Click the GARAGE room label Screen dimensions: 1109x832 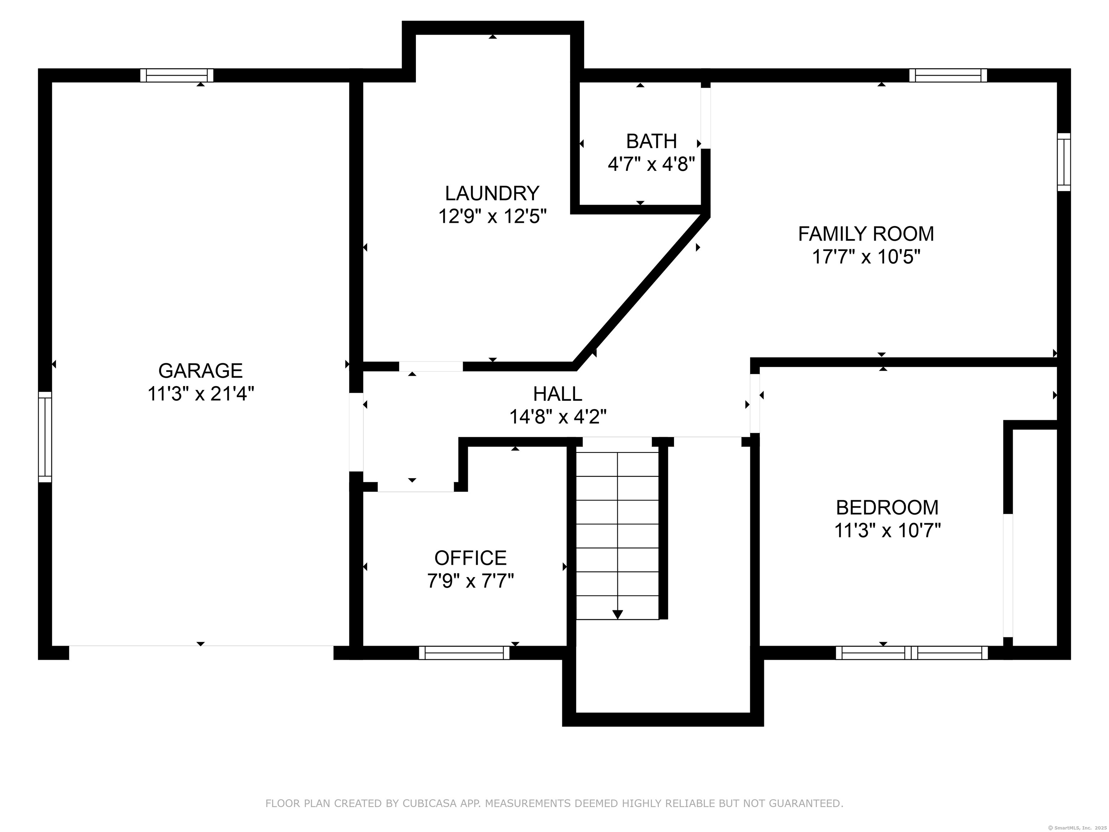(x=201, y=370)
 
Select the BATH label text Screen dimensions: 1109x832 (x=652, y=142)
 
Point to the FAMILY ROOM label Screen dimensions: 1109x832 (x=866, y=234)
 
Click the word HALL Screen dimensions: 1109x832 (x=557, y=394)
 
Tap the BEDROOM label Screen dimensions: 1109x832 (x=887, y=507)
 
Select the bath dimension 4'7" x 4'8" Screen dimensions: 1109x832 (x=652, y=164)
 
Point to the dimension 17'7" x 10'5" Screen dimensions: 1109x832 (x=866, y=257)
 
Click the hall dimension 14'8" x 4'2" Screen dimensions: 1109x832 (x=558, y=417)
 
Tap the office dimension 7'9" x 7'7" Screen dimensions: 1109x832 (x=470, y=581)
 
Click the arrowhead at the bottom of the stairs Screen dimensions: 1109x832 (x=618, y=614)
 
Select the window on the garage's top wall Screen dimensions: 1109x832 (x=177, y=75)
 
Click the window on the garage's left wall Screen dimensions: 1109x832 (x=45, y=437)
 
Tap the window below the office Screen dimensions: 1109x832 (x=464, y=653)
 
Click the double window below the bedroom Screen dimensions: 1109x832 (x=912, y=653)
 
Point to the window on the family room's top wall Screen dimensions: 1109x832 (x=948, y=75)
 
